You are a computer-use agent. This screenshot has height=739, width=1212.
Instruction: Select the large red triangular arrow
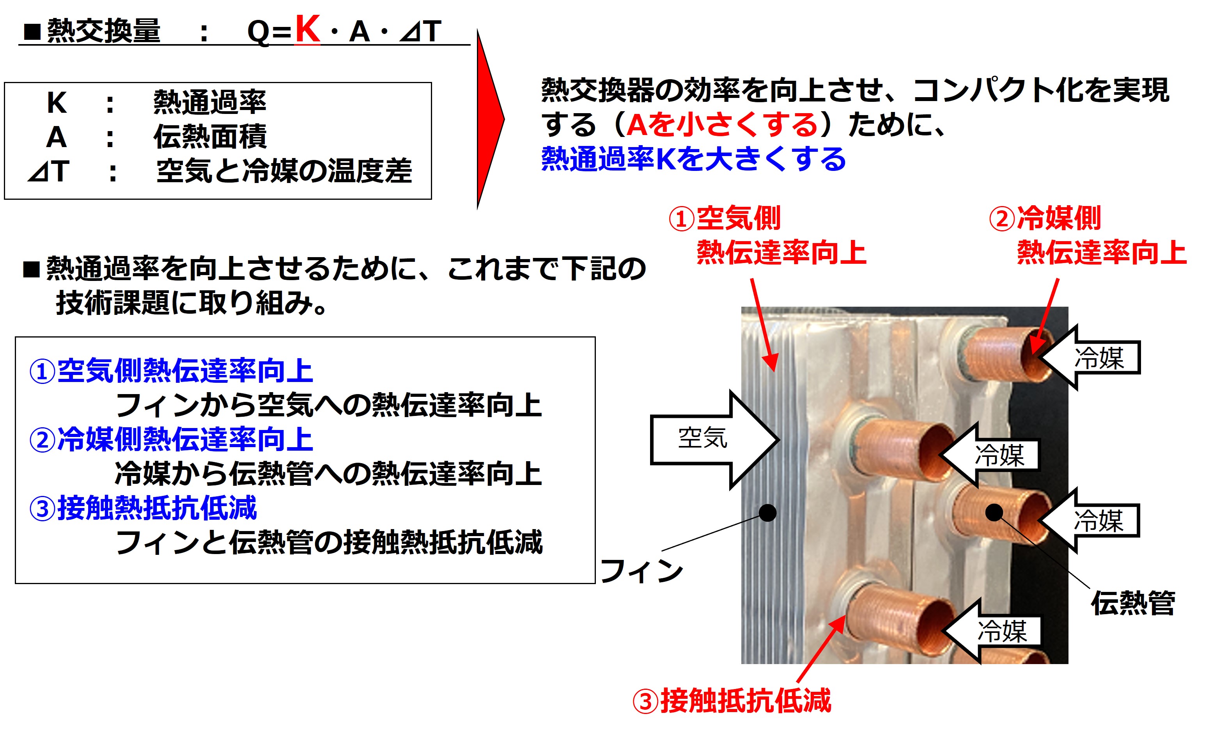489,119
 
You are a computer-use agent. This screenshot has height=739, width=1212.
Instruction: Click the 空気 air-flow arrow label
702,437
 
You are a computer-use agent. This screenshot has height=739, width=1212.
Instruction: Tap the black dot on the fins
767,513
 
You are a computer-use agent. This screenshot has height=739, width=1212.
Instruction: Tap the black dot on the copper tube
994,513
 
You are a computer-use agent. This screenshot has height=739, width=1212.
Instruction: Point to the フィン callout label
642,571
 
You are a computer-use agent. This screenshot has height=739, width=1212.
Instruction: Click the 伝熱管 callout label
1133,603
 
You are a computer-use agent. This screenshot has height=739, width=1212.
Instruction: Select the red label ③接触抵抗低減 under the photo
732,701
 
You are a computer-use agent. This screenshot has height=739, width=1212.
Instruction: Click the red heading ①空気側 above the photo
724,218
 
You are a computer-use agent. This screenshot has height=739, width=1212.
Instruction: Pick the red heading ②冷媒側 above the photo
1045,218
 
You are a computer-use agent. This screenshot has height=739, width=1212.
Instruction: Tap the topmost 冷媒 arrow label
1099,358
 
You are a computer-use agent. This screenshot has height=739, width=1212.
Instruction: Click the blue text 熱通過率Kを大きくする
694,159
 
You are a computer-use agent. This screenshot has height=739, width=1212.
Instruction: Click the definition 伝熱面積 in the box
210,136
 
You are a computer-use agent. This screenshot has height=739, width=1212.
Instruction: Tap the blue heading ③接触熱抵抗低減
143,508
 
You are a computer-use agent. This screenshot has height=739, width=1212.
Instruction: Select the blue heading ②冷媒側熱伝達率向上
171,439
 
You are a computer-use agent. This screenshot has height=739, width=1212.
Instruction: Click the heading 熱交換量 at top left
104,30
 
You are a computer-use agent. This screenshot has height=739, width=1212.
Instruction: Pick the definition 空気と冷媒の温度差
284,171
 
